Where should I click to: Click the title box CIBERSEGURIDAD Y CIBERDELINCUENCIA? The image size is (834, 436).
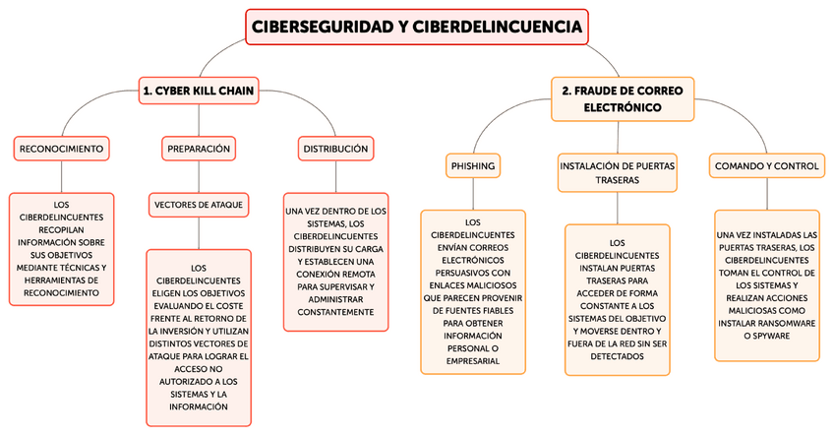(x=416, y=27)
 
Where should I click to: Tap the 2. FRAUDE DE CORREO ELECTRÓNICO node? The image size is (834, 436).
(x=623, y=98)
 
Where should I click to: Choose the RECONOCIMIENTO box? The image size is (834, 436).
(x=61, y=149)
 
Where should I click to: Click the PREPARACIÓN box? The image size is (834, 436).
(x=199, y=149)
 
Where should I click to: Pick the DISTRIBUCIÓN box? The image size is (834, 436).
(x=335, y=149)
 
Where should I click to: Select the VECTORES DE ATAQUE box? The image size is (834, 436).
(x=199, y=205)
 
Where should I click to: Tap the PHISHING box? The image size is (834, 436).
(x=473, y=166)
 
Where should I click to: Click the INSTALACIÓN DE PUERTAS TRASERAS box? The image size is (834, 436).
(x=617, y=173)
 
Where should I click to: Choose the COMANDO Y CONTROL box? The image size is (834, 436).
(x=767, y=166)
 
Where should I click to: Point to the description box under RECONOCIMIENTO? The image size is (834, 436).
(x=61, y=245)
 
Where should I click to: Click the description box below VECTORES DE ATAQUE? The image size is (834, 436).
(x=199, y=337)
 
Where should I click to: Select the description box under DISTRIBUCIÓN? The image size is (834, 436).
(x=335, y=262)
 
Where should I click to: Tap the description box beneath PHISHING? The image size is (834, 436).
(x=473, y=291)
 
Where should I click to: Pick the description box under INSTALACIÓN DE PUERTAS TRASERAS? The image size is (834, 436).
(x=617, y=299)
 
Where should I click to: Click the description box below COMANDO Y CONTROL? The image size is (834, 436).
(x=767, y=284)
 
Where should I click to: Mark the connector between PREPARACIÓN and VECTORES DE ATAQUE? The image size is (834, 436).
(x=199, y=176)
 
